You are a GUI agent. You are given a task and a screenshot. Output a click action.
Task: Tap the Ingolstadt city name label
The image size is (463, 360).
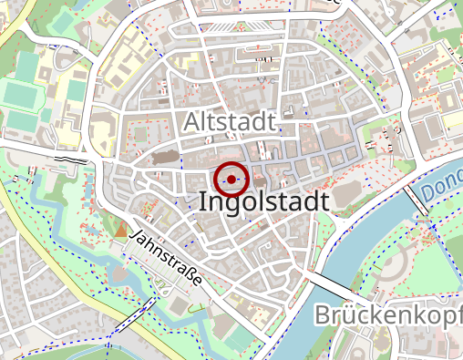(262, 202)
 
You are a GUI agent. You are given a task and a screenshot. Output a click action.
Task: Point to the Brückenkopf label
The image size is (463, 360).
(387, 316)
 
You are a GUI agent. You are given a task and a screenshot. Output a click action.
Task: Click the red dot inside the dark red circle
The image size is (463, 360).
(233, 179)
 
